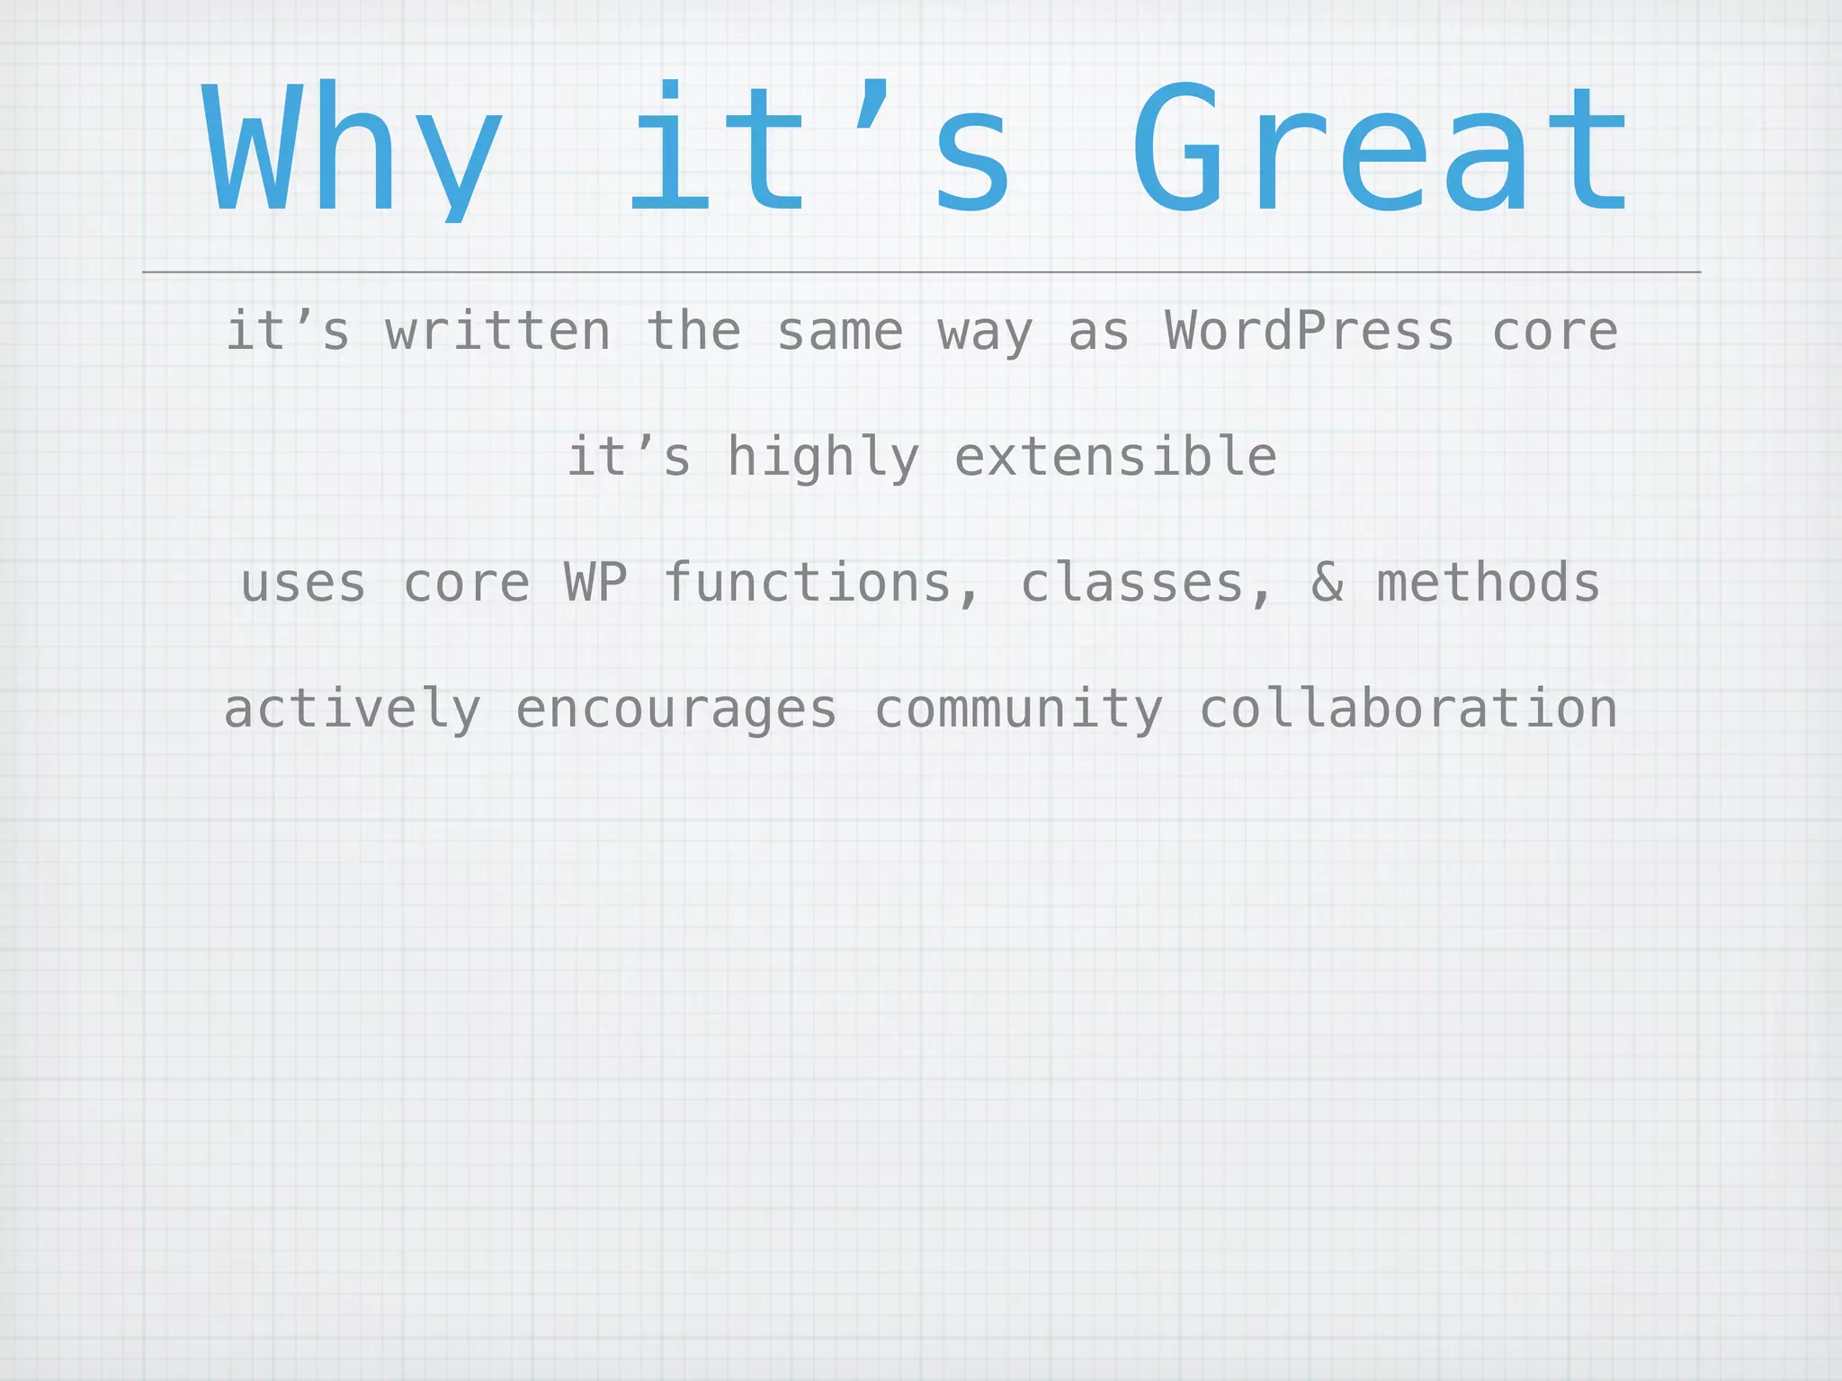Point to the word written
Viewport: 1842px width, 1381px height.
(498, 331)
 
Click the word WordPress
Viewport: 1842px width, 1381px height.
(1310, 331)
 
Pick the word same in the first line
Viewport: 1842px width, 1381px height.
(839, 331)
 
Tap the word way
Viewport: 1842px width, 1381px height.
(985, 333)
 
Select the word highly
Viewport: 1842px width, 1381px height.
(823, 458)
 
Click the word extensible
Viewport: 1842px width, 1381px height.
(1115, 457)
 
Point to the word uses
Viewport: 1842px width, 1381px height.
(304, 584)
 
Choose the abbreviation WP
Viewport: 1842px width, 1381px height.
(595, 583)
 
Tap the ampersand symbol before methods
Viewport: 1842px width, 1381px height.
(1327, 583)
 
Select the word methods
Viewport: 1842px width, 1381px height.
(1489, 583)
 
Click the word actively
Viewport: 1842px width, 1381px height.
(352, 709)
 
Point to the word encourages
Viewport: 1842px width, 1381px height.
(676, 710)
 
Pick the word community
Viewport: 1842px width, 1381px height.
(1018, 710)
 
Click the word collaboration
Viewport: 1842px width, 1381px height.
(1408, 708)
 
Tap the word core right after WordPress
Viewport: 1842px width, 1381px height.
(1554, 331)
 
